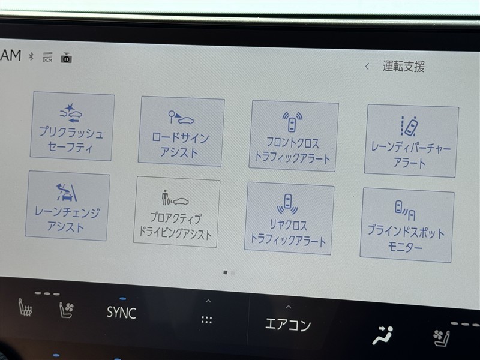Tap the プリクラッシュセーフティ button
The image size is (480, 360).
coord(72,126)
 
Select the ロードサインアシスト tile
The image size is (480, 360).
coord(181,131)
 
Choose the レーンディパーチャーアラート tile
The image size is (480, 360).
coord(411,141)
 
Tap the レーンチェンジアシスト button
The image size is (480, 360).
coord(67,206)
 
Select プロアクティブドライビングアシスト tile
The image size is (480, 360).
coord(176,212)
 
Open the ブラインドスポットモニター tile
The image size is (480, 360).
coord(407,225)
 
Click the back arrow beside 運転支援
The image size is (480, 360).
coord(367,66)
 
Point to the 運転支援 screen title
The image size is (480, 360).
coord(403,67)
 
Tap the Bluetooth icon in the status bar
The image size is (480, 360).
coord(31,56)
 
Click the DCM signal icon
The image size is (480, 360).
coord(47,57)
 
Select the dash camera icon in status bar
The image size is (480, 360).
coord(66,58)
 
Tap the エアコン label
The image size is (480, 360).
coord(288,324)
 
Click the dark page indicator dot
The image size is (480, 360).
coord(226,272)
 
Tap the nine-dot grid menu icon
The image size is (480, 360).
coord(206,320)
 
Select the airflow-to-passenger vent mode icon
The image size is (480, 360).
coord(383,335)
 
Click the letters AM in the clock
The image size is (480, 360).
coord(11,55)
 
